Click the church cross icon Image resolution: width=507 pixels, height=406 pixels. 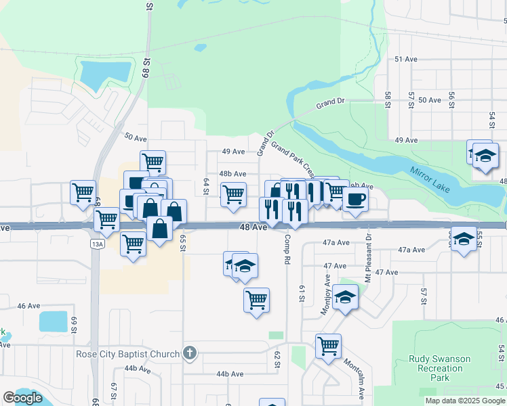pyautogui.click(x=190, y=353)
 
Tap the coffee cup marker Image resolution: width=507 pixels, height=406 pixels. pyautogui.click(x=355, y=200)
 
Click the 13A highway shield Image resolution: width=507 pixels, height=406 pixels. pyautogui.click(x=98, y=244)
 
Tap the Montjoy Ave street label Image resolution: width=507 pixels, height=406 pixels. pyautogui.click(x=327, y=294)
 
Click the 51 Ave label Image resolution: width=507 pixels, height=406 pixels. pyautogui.click(x=406, y=60)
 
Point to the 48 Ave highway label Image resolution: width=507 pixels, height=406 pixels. pyautogui.click(x=253, y=228)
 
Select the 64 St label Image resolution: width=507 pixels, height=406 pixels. pyautogui.click(x=206, y=186)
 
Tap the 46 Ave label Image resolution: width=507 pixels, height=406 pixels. pyautogui.click(x=28, y=306)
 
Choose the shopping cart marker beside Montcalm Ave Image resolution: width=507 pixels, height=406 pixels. pyautogui.click(x=328, y=346)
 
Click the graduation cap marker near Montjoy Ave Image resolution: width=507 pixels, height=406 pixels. pyautogui.click(x=345, y=297)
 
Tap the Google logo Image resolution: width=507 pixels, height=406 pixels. pyautogui.click(x=22, y=398)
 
